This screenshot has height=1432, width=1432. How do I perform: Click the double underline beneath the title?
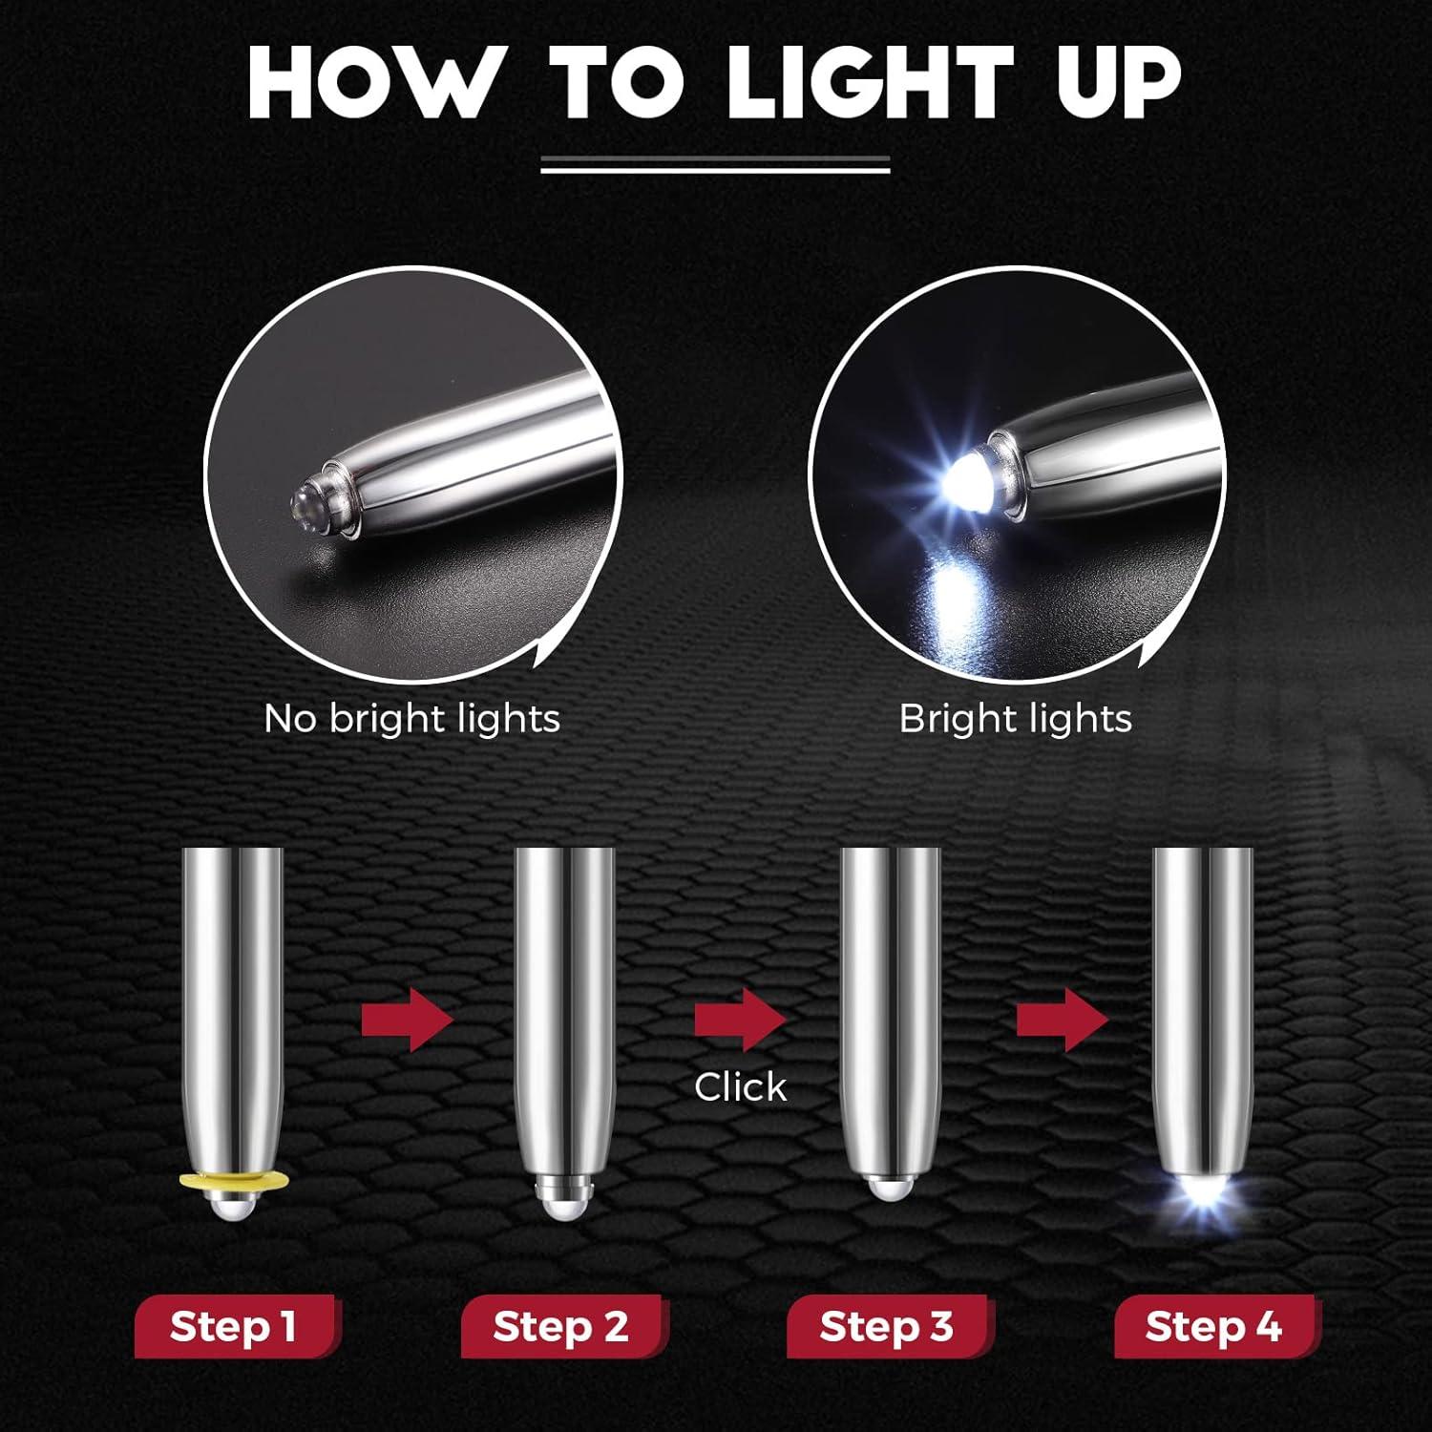coord(715,165)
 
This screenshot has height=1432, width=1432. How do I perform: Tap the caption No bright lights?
coord(411,719)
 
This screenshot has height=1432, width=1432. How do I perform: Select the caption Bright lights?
coord(1015,719)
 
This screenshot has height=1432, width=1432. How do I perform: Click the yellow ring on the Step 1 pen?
coord(233,1183)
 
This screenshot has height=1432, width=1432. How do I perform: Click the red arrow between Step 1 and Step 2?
coord(407,1020)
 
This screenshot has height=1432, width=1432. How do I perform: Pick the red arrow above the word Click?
coord(739,1020)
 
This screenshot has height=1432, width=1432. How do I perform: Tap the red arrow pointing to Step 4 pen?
coord(1062,1020)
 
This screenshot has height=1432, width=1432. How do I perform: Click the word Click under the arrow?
coord(740,1087)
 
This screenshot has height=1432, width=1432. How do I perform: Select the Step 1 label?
coord(234,1327)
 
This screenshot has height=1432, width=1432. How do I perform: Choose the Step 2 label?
coord(561,1327)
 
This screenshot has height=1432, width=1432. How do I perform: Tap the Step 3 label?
coord(887,1327)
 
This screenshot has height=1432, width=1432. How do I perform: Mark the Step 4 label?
coord(1213,1327)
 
